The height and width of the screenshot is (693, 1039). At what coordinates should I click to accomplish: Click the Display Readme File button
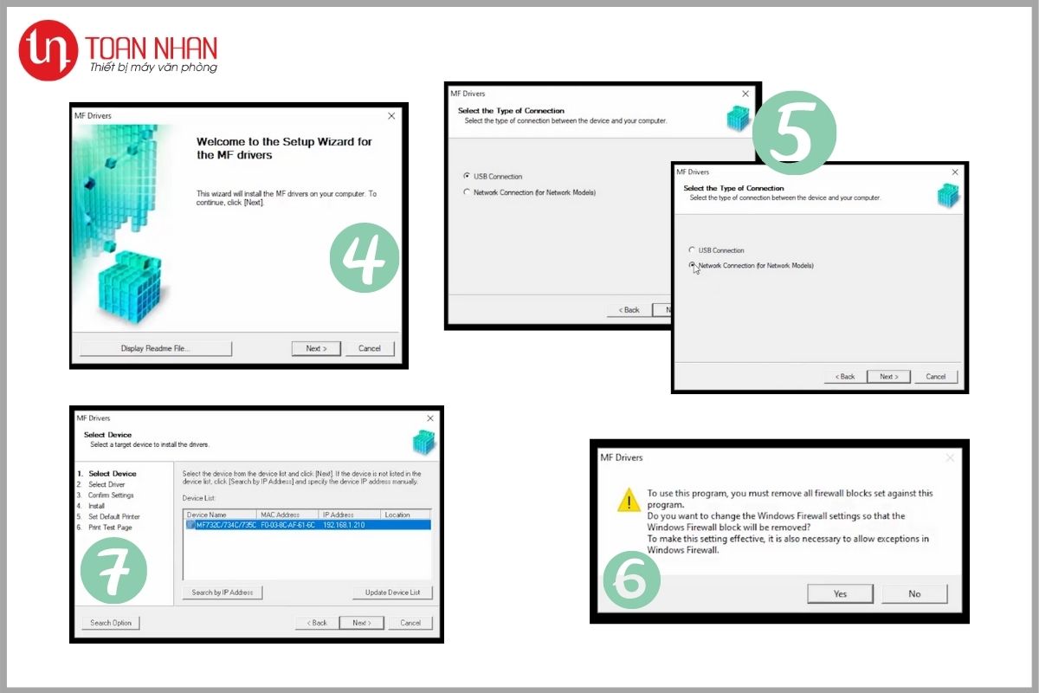[x=155, y=348]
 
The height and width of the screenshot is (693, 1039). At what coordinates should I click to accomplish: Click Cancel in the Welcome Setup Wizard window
[x=369, y=348]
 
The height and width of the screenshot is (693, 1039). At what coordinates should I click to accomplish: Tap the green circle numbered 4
[x=365, y=257]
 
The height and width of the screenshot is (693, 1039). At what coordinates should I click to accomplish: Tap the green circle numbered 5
[x=794, y=133]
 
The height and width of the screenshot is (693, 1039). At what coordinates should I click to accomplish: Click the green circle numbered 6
[x=631, y=580]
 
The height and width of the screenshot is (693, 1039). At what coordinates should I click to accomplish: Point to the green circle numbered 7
[x=113, y=571]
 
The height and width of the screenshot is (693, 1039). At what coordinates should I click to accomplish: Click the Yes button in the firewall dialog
[x=840, y=593]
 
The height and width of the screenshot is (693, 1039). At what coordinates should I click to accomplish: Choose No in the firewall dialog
[x=914, y=593]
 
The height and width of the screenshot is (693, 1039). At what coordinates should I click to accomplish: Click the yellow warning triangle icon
[x=629, y=501]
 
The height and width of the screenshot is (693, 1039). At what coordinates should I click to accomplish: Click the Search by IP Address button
[x=223, y=593]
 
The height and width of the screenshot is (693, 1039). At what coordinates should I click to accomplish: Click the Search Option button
[x=111, y=623]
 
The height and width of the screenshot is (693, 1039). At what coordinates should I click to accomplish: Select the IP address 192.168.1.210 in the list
[x=344, y=525]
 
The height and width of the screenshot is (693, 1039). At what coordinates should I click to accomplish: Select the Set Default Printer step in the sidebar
[x=113, y=516]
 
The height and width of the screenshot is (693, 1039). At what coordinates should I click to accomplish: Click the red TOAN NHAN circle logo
[x=48, y=50]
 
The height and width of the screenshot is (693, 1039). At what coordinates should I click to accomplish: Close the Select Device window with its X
[x=430, y=418]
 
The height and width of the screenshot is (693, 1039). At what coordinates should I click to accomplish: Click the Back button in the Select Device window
[x=317, y=623]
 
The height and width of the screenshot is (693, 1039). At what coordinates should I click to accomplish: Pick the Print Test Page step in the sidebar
[x=110, y=528]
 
